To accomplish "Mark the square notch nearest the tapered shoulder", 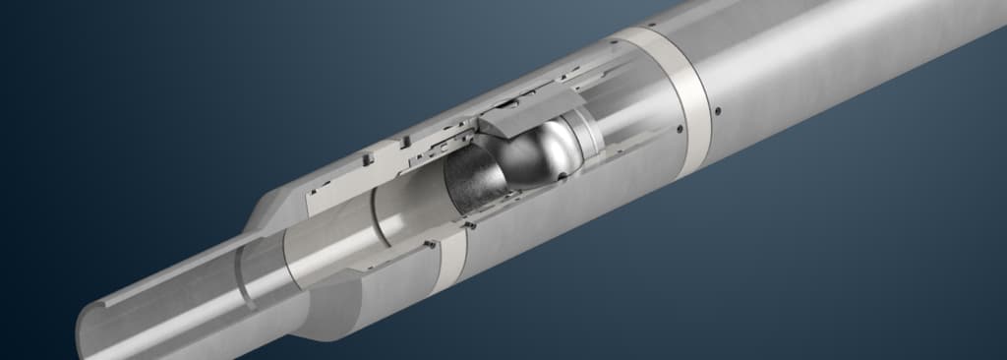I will tap(366, 156).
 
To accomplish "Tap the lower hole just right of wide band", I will tap(719, 110).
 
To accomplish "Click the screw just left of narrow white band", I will tap(430, 243).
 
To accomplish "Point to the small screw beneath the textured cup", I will tap(470, 225).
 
